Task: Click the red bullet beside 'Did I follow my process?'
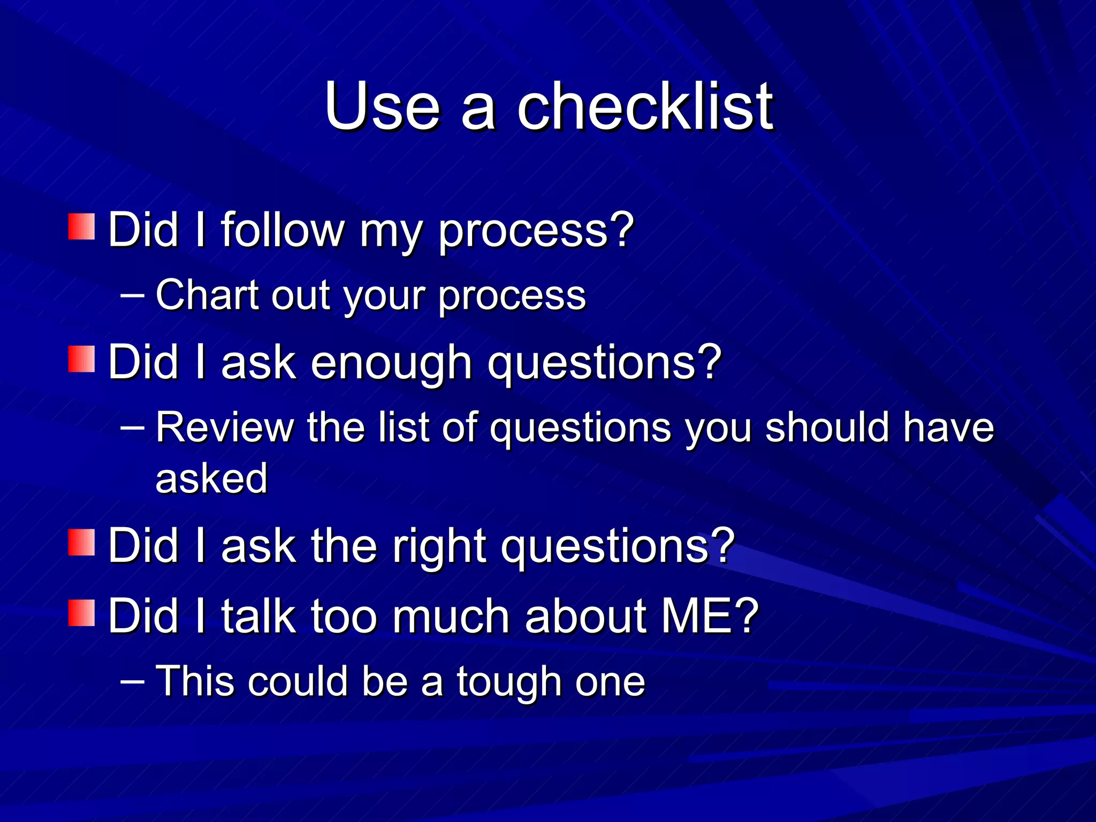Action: click(81, 226)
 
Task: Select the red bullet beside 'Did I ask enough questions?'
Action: click(81, 359)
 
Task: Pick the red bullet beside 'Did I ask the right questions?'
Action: click(81, 542)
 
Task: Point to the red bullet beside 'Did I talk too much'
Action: click(81, 613)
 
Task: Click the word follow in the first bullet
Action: click(283, 230)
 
